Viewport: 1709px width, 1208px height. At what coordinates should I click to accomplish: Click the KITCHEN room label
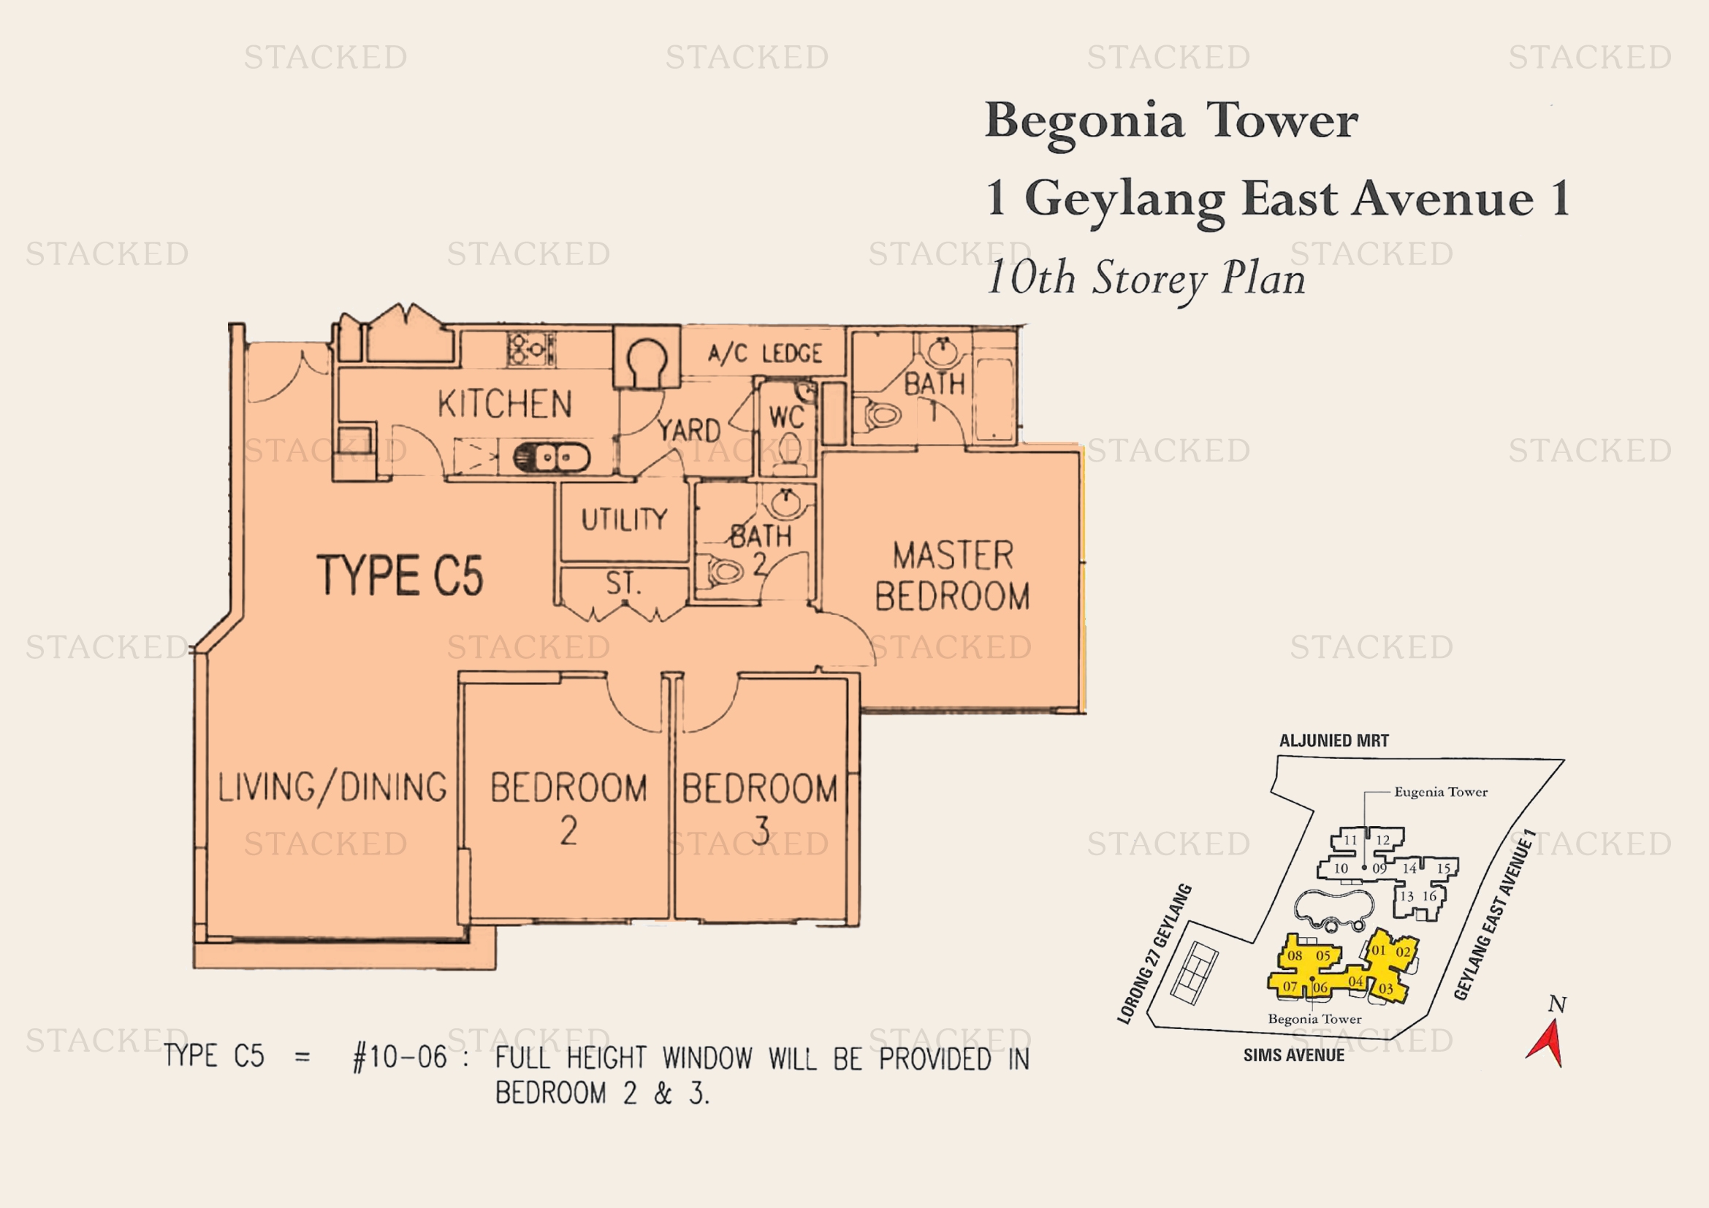[505, 404]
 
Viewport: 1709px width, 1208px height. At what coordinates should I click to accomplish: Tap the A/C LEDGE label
[765, 353]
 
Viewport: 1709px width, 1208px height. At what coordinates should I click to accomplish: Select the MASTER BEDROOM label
[953, 576]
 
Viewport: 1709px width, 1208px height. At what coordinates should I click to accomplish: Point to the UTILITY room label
[624, 519]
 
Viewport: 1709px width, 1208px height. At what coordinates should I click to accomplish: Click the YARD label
[689, 430]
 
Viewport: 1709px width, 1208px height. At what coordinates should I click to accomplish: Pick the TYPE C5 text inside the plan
[400, 575]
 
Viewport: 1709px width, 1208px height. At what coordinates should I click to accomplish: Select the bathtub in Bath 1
[993, 399]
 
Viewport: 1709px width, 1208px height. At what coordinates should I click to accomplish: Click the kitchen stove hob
[530, 348]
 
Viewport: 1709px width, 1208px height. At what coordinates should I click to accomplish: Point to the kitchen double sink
[552, 456]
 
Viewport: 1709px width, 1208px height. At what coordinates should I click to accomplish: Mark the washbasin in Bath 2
[785, 502]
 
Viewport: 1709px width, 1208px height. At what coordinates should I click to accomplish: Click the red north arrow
[1546, 1042]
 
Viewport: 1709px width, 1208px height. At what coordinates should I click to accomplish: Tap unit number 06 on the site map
[1320, 987]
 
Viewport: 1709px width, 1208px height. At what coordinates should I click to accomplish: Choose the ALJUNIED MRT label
[1334, 741]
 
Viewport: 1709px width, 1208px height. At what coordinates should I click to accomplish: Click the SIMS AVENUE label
[1294, 1055]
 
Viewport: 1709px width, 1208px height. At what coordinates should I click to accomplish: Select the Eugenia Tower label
[1441, 792]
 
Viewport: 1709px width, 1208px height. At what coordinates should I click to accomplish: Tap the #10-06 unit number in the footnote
[400, 1057]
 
